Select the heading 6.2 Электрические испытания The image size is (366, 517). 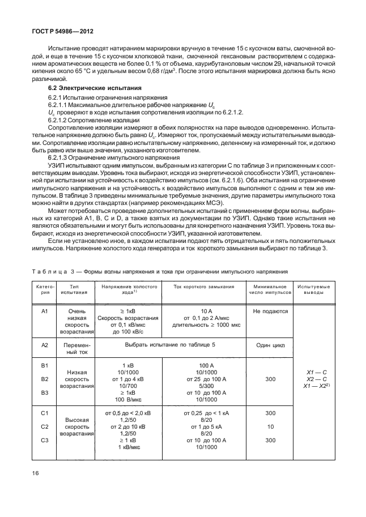point(88,89)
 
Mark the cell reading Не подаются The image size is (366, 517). point(270,311)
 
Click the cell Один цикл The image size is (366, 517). point(270,344)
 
